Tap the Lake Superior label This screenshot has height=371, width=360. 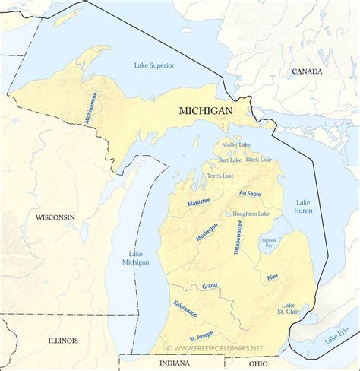[x=154, y=65]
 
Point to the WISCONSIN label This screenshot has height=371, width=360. [x=55, y=217]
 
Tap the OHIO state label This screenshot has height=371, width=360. [x=257, y=364]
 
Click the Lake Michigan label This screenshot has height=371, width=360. [x=136, y=258]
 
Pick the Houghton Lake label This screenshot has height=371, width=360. [x=251, y=214]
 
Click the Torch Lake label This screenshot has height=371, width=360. [x=220, y=176]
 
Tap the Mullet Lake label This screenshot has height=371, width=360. [x=236, y=144]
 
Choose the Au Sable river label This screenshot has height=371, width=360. [x=250, y=195]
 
